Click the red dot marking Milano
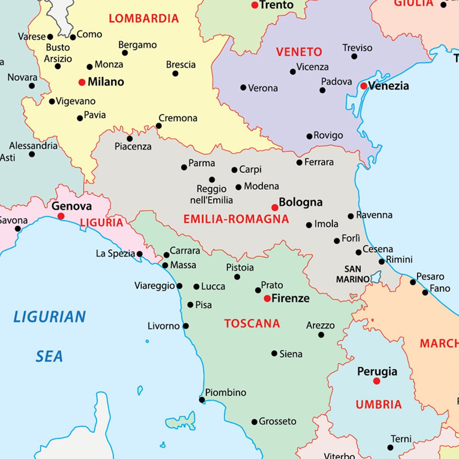[82, 83]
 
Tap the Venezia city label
[388, 86]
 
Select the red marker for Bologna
[275, 207]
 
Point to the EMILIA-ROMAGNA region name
[236, 219]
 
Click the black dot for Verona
[243, 88]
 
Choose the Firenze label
[290, 299]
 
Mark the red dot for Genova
[61, 216]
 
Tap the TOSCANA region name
[252, 324]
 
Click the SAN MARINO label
[353, 274]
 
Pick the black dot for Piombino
[202, 400]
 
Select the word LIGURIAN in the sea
[50, 317]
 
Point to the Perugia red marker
[376, 381]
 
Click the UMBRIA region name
[379, 404]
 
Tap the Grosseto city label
[277, 421]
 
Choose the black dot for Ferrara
[299, 162]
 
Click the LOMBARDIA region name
[144, 19]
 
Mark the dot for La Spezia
[139, 254]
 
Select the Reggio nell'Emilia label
[211, 194]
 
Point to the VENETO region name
[299, 52]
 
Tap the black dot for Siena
[274, 354]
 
